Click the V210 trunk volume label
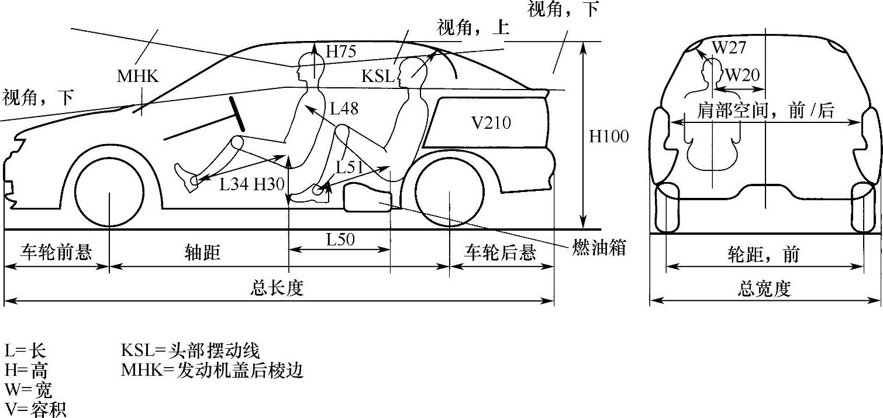(x=491, y=123)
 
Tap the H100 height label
(x=609, y=136)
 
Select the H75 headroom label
(x=341, y=52)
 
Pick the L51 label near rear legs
(x=349, y=167)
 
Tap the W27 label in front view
(x=729, y=48)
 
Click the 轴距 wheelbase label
(x=202, y=253)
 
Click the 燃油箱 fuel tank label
(x=599, y=248)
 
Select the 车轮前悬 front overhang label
(x=56, y=253)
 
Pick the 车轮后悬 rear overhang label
(x=500, y=253)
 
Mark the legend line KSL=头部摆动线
(x=190, y=351)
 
